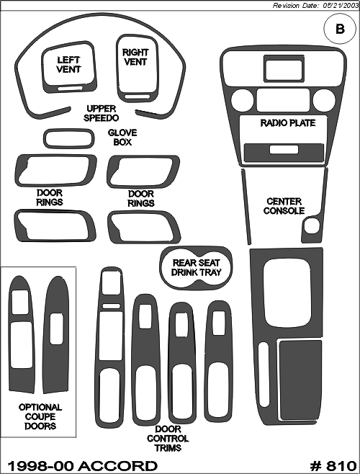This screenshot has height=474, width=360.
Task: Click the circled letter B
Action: [x=340, y=30]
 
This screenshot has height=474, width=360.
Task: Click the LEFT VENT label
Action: [x=68, y=65]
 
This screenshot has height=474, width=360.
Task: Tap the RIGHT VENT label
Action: [x=135, y=57]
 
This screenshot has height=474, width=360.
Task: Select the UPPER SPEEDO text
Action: [x=101, y=113]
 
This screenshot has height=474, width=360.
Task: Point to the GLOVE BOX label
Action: [x=122, y=138]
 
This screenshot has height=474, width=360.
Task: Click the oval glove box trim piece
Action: [x=69, y=130]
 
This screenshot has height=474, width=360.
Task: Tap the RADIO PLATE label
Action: [x=288, y=123]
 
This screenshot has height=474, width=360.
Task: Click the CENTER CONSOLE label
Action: [x=284, y=206]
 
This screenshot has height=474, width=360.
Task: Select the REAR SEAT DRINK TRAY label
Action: [x=196, y=267]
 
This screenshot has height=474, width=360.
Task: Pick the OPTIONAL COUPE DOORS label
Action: [x=40, y=416]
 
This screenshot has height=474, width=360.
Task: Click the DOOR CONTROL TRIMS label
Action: [x=168, y=438]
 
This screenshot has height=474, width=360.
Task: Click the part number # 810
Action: [x=333, y=466]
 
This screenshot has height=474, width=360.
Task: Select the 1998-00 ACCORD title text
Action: [x=82, y=466]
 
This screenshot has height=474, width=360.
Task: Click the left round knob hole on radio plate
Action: [x=242, y=101]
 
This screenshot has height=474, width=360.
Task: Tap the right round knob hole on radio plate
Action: [x=324, y=101]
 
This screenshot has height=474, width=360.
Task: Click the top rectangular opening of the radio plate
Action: [x=284, y=68]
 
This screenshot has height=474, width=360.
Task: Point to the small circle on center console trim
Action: [x=311, y=226]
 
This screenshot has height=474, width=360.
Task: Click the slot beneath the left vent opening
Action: [x=70, y=89]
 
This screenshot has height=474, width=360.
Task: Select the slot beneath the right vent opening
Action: [x=138, y=97]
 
